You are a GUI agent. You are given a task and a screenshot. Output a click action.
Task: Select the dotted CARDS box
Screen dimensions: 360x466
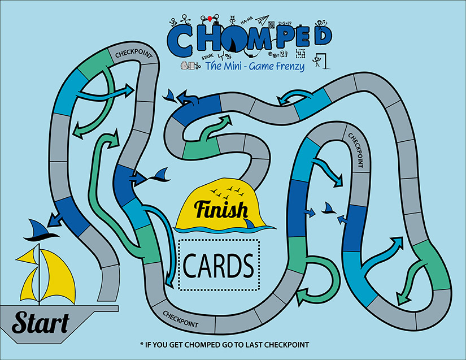[218, 264]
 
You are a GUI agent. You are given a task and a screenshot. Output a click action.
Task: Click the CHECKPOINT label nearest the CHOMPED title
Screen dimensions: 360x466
[133, 54]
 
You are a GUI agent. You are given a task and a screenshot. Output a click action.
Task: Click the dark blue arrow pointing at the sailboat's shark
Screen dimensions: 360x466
[55, 217]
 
